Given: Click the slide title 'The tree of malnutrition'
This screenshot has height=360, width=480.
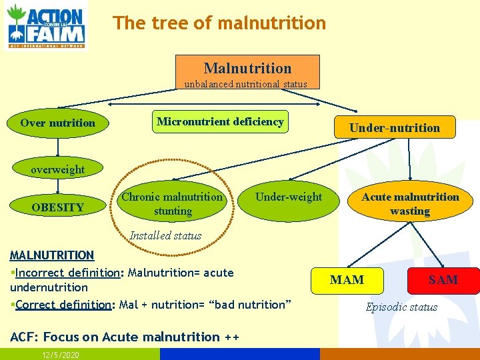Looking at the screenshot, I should [219, 23].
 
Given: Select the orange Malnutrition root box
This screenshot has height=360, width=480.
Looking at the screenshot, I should [247, 68].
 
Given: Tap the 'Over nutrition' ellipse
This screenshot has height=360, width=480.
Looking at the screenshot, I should [58, 123].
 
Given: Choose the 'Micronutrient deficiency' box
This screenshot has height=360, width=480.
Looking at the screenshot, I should [220, 121].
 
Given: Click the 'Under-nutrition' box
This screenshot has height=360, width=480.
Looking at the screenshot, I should [395, 127].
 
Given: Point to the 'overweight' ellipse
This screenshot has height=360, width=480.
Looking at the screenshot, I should [58, 169].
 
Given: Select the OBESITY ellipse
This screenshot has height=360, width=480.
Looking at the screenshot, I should [58, 207].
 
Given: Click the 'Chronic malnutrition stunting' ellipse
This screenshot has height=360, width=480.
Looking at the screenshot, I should [172, 204].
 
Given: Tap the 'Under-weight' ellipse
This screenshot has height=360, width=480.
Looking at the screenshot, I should [288, 197].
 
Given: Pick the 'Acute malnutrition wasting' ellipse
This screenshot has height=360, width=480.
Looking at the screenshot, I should [410, 204].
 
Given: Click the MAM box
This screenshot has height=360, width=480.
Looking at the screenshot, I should [347, 280].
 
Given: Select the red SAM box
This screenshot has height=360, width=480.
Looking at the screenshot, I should [443, 280].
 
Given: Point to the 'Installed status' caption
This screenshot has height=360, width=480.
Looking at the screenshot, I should [165, 235].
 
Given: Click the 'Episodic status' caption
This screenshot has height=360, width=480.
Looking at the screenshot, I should [401, 307].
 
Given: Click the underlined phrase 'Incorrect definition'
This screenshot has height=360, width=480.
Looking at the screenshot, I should [67, 273].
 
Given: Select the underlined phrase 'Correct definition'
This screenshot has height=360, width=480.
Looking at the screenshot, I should [63, 305].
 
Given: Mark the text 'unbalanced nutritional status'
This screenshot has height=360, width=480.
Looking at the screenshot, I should [246, 84].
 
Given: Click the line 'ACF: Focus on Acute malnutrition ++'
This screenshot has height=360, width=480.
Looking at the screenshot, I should [124, 337].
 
